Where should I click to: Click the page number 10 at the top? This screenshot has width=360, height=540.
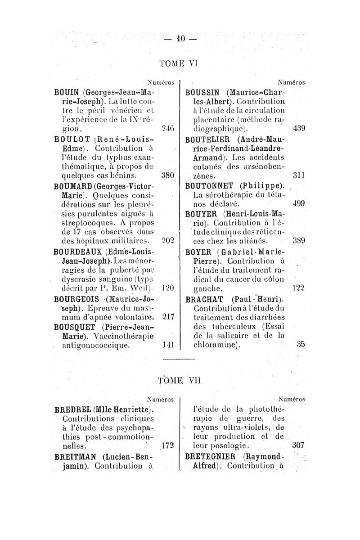click(x=180, y=39)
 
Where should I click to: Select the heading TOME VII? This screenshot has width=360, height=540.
click(x=180, y=379)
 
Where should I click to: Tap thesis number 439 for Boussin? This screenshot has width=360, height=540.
click(x=299, y=128)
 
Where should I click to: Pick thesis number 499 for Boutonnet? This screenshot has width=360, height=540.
click(x=299, y=204)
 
